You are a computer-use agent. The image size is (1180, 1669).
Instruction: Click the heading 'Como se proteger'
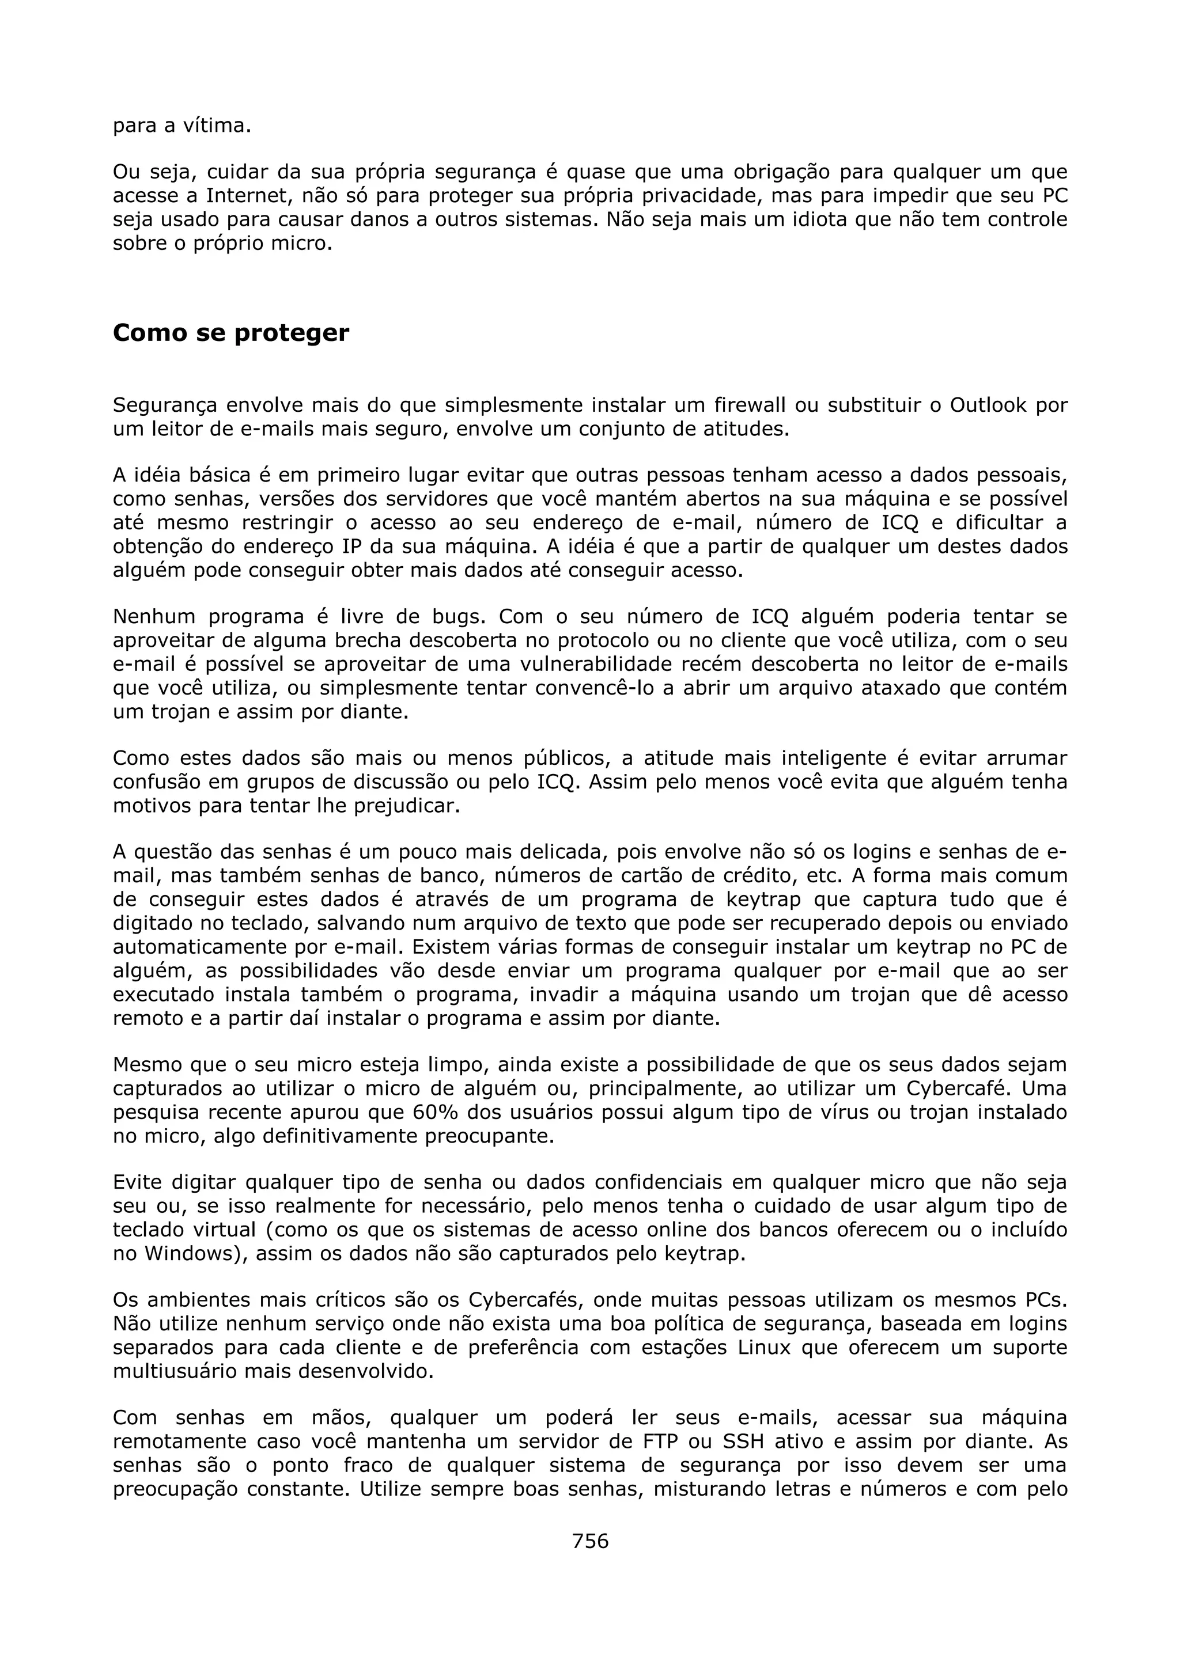(x=230, y=333)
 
